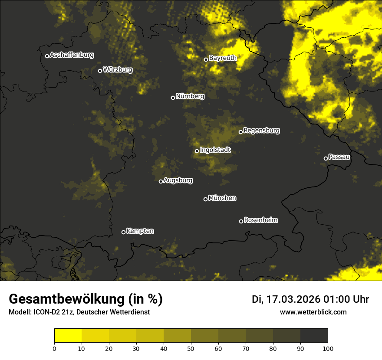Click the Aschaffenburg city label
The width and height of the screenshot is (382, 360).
tap(72, 55)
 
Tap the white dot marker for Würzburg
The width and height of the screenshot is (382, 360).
tap(100, 71)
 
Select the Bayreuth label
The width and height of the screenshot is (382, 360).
tap(223, 58)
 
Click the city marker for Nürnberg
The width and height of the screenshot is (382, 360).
tap(173, 98)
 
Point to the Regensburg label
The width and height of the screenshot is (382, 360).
tap(261, 131)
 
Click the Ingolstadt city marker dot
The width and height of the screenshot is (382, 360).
tap(197, 151)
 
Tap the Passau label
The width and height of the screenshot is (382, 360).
tap(339, 157)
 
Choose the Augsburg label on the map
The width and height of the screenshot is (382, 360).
tap(178, 180)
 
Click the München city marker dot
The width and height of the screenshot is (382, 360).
tap(205, 199)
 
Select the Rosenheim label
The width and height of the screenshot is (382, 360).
tap(260, 220)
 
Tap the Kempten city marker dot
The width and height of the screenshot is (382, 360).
tap(123, 232)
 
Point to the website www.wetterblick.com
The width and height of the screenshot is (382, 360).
tap(313, 312)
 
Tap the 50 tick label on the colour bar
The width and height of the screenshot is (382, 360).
tap(191, 348)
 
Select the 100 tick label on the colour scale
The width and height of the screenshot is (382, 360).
tap(327, 348)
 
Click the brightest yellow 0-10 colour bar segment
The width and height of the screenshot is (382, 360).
tap(68, 336)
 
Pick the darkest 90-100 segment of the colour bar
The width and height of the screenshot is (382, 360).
tap(314, 336)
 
